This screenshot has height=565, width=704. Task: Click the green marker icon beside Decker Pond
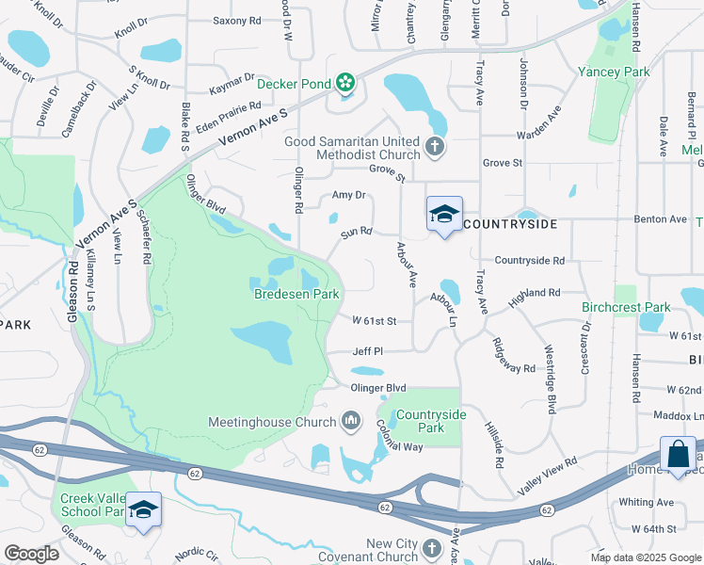pos(345,84)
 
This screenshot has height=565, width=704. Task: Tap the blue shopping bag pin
pos(678,455)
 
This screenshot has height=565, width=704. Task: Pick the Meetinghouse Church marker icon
pos(351,419)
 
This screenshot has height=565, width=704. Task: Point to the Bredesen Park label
pos(296,294)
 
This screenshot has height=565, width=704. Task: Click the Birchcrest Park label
pos(626,307)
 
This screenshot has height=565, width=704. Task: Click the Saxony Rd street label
pos(236,20)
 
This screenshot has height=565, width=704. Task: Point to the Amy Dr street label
pos(348,196)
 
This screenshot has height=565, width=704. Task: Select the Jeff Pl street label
pos(367,350)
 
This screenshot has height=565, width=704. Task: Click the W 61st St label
pos(375,320)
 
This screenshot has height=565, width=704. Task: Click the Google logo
pos(32,553)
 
